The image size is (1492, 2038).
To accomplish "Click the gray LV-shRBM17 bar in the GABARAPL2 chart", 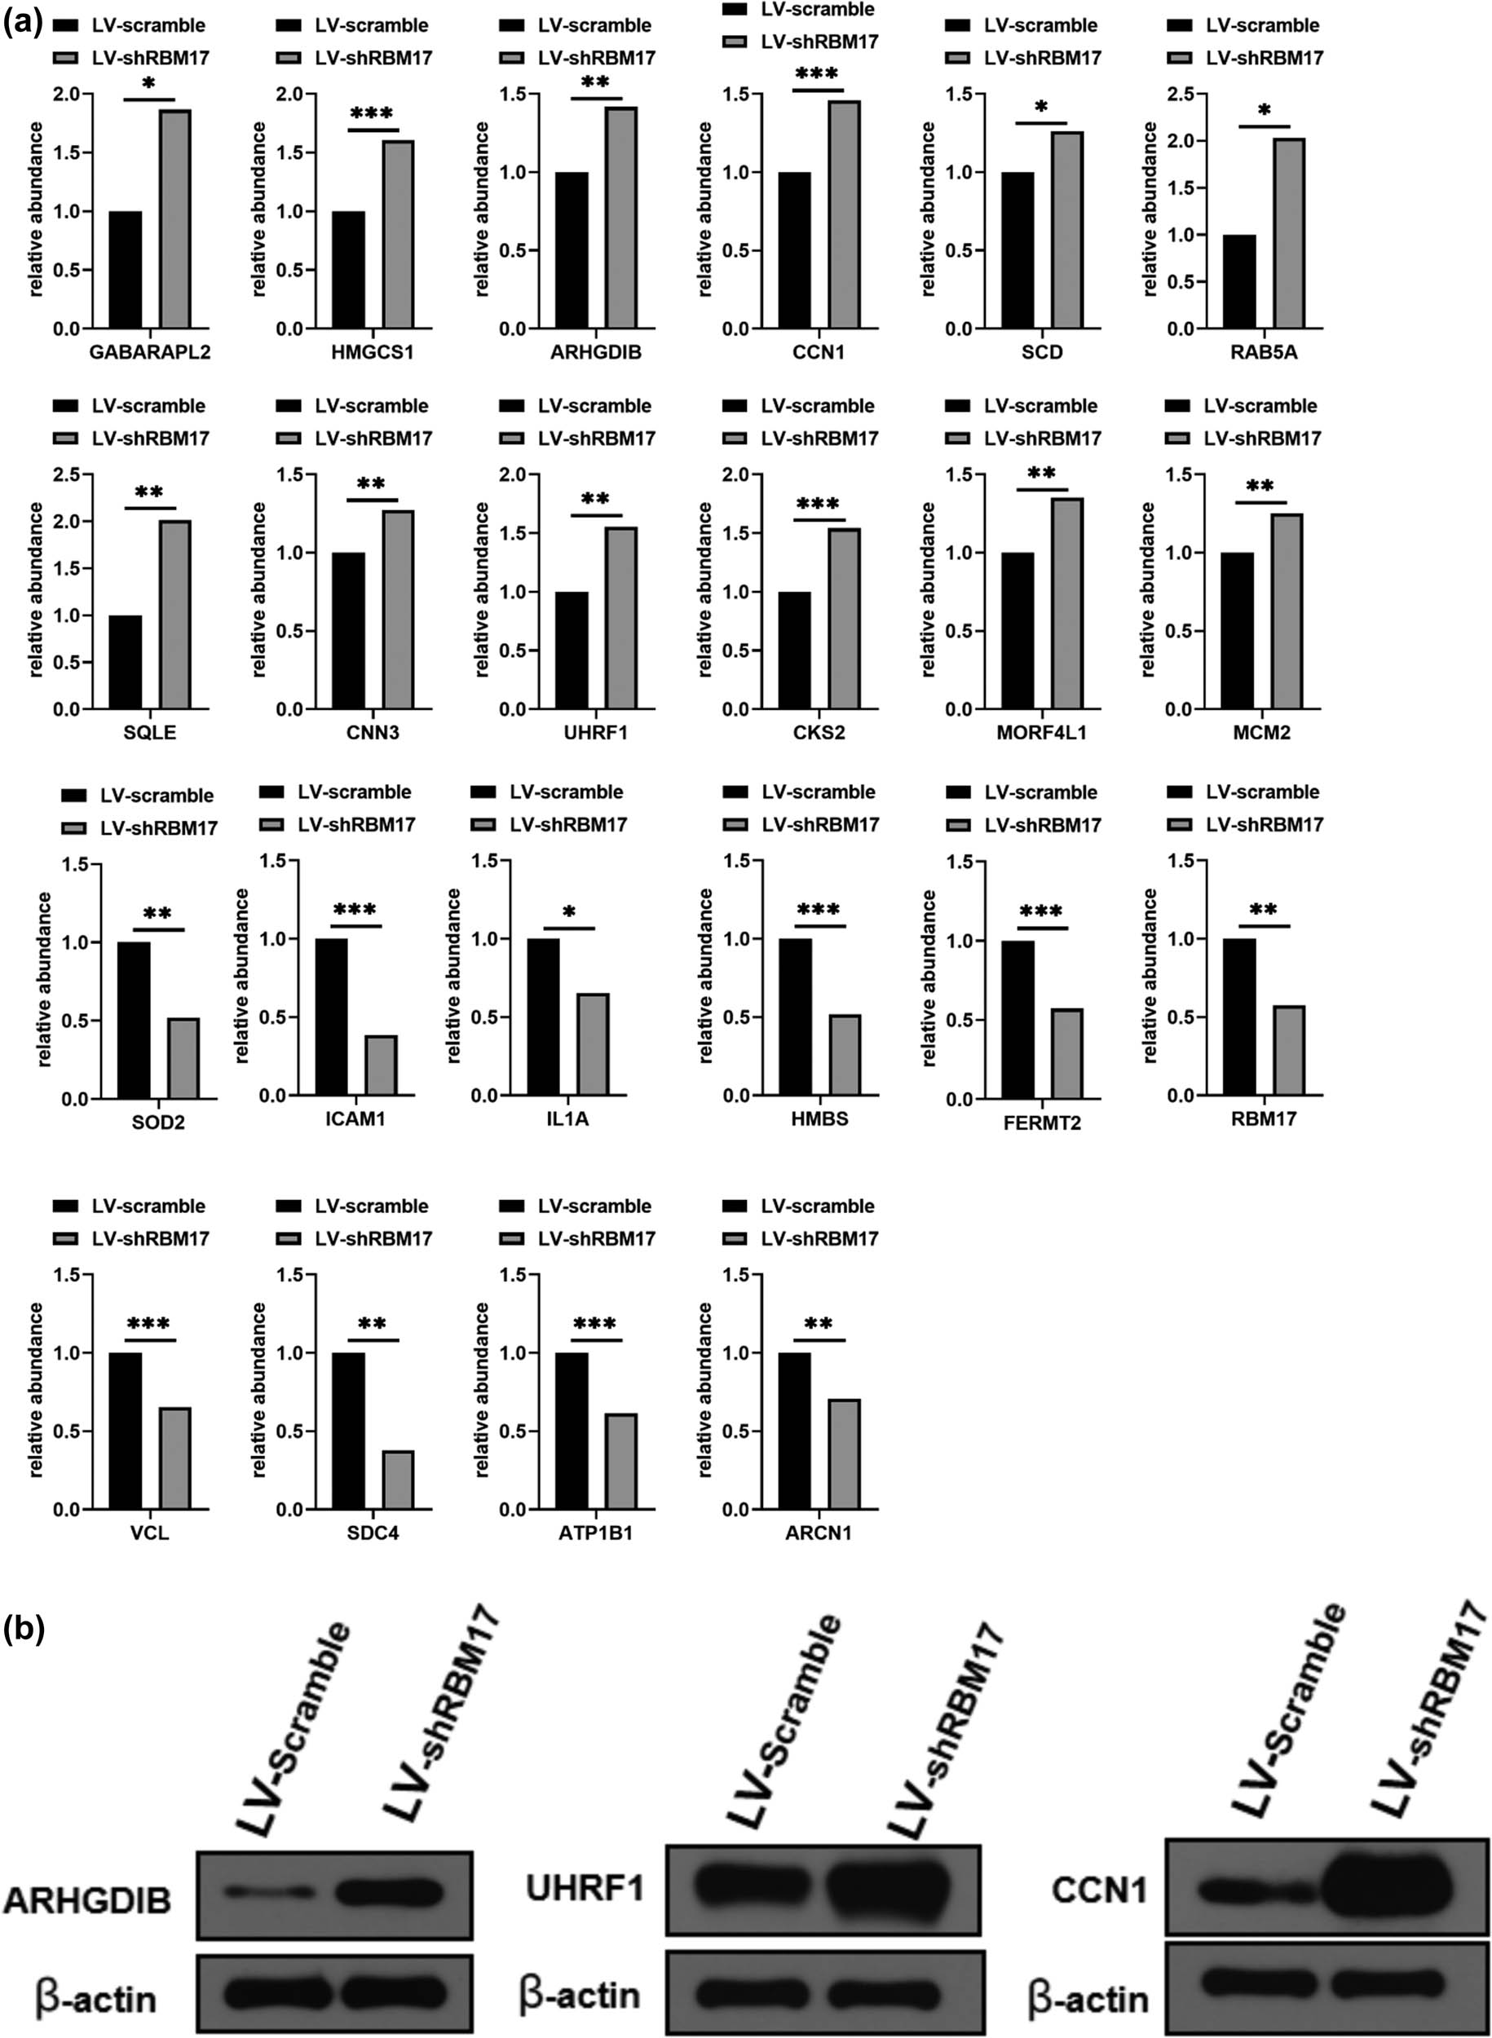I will pyautogui.click(x=175, y=219).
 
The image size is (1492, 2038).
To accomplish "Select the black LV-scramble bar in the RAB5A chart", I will pyautogui.click(x=1239, y=282).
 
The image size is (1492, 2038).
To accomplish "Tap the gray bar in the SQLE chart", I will pyautogui.click(x=175, y=615).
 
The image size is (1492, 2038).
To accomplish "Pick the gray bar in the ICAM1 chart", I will pyautogui.click(x=380, y=1065).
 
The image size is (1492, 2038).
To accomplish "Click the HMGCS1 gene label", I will pyautogui.click(x=372, y=352).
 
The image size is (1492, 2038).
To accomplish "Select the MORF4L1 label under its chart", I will pyautogui.click(x=1041, y=732).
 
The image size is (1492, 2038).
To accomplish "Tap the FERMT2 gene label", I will pyautogui.click(x=1040, y=1123).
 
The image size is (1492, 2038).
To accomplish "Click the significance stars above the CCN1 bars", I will pyautogui.click(x=818, y=74).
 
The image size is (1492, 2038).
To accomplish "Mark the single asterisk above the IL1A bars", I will pyautogui.click(x=569, y=913).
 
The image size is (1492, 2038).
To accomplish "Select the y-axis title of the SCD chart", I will pyautogui.click(x=928, y=210).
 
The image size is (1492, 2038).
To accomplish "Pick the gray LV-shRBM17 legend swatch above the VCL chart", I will pyautogui.click(x=69, y=1239).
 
